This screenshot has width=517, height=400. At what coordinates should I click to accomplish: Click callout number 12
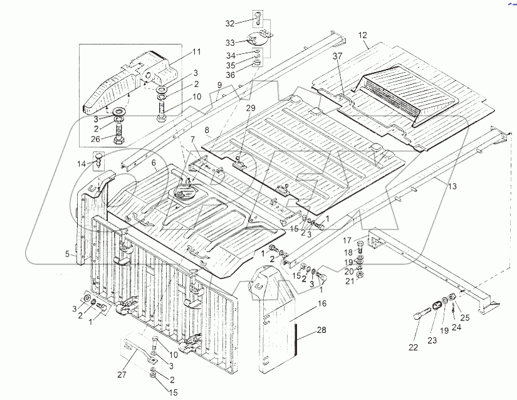362,36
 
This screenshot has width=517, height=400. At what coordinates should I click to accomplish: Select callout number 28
321,330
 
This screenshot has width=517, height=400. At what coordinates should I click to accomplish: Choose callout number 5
66,255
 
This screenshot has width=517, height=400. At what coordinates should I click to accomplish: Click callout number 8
206,131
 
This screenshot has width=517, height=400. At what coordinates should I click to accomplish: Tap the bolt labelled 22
420,313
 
